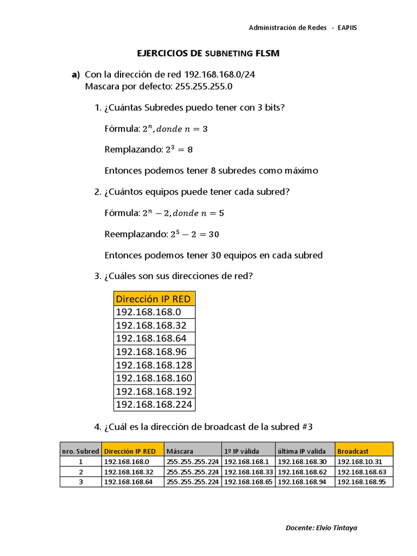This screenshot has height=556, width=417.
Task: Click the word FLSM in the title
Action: point(267,53)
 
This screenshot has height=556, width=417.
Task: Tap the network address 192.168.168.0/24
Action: point(219,75)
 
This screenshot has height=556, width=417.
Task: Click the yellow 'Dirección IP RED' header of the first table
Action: point(154,299)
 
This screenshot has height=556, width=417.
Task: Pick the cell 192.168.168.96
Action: point(151,352)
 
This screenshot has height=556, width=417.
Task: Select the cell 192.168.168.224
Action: point(154,405)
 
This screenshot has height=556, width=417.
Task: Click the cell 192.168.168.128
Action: point(154,365)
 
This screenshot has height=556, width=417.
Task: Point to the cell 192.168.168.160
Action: point(154,378)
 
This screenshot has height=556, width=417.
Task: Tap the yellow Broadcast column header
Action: point(353,451)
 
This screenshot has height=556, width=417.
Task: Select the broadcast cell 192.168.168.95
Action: point(362,482)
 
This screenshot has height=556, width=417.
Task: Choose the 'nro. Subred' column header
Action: point(80,451)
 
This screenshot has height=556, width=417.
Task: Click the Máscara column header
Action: point(180,451)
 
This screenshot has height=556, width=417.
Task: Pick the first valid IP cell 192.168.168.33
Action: point(248,471)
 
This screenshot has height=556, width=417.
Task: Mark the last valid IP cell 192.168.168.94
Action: point(302,482)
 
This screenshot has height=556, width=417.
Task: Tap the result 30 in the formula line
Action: point(214,235)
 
